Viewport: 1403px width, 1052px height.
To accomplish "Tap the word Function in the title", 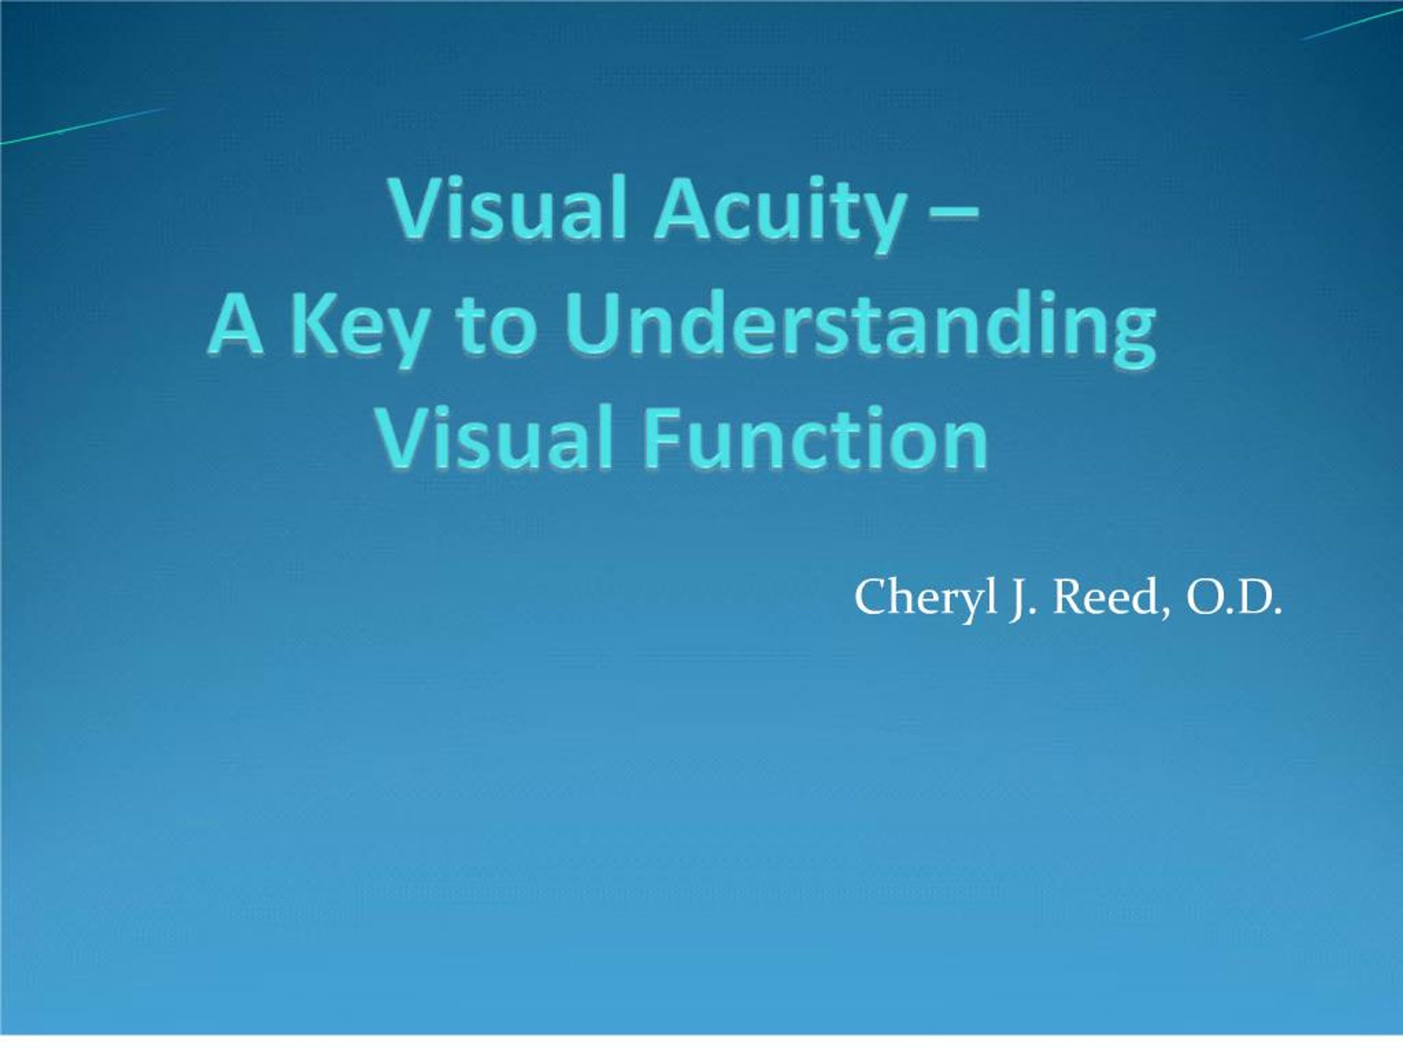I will (815, 439).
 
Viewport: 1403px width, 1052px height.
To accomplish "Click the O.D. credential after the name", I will (1233, 597).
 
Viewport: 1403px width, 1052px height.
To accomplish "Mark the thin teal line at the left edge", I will (82, 126).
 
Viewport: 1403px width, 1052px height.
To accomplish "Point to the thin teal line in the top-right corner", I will (1351, 24).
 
